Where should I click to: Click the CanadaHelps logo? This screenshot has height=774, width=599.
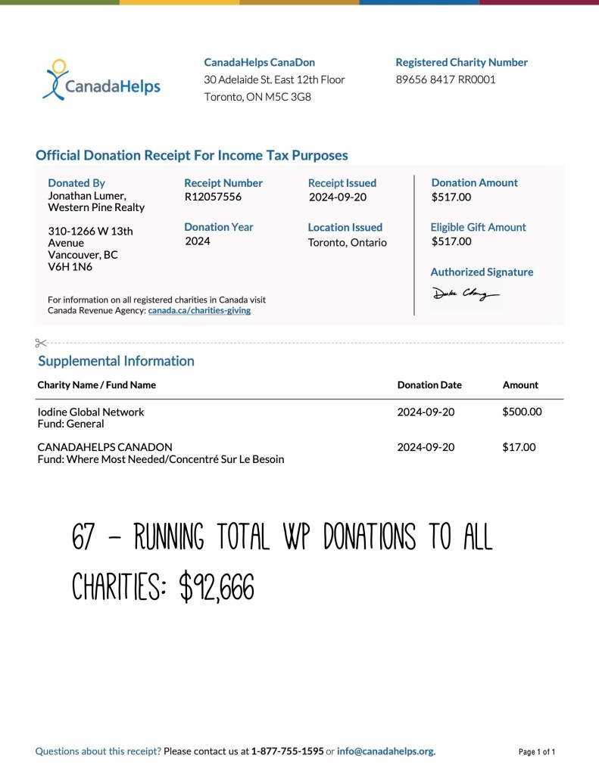click(x=101, y=82)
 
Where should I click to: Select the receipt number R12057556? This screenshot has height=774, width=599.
click(x=213, y=197)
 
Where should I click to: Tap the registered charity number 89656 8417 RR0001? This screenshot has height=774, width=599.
click(x=445, y=79)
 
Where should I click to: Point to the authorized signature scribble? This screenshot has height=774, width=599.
click(x=465, y=294)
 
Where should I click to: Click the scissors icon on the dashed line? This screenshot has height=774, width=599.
click(x=41, y=343)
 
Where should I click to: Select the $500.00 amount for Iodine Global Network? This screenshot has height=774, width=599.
click(x=522, y=412)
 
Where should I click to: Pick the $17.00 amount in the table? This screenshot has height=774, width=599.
click(x=519, y=447)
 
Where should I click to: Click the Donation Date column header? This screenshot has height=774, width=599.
click(x=429, y=384)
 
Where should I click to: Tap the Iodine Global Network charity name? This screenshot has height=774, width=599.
click(x=91, y=412)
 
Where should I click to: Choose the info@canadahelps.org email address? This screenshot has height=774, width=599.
click(x=385, y=751)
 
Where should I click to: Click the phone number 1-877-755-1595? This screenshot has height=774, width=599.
click(x=288, y=751)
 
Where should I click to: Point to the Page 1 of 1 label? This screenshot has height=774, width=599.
click(x=537, y=752)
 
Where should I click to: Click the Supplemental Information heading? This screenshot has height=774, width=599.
click(x=116, y=361)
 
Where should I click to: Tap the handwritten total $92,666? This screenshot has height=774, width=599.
click(x=216, y=587)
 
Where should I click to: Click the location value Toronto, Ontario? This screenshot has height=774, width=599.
click(x=347, y=243)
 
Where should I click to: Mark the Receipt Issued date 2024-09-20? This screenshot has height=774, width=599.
click(x=337, y=197)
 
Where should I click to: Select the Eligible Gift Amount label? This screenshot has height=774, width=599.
click(x=478, y=227)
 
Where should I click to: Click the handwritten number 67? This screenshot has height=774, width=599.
click(x=83, y=538)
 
